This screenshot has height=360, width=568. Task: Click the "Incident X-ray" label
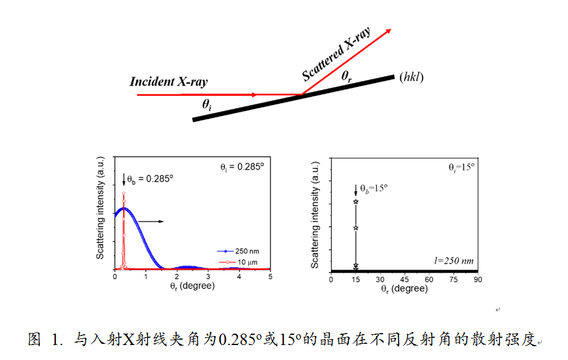(x=169, y=82)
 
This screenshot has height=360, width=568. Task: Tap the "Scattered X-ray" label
(x=336, y=54)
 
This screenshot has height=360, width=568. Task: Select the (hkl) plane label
(x=411, y=77)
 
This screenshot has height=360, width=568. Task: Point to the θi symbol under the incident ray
(x=206, y=105)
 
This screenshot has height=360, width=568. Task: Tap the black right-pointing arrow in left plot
(x=152, y=222)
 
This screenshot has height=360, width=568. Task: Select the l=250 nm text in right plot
(x=454, y=261)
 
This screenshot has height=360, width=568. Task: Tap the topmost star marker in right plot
(x=356, y=202)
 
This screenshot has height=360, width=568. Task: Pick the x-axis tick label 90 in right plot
(x=478, y=279)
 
